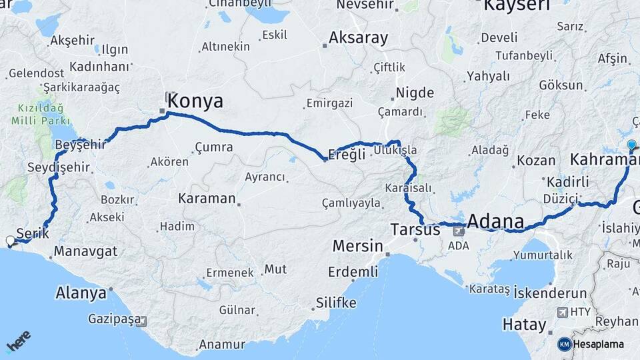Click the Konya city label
[x=195, y=101]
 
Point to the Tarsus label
[x=415, y=230]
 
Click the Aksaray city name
[x=358, y=37]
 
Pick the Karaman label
[x=207, y=199]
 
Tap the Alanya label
[x=81, y=293]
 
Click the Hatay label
[x=524, y=325]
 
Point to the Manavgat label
[x=85, y=251]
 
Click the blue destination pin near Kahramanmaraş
[x=631, y=144]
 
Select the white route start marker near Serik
[x=10, y=241]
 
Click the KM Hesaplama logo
[x=591, y=344]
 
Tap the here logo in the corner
[x=18, y=343]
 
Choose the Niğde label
[x=415, y=93]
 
